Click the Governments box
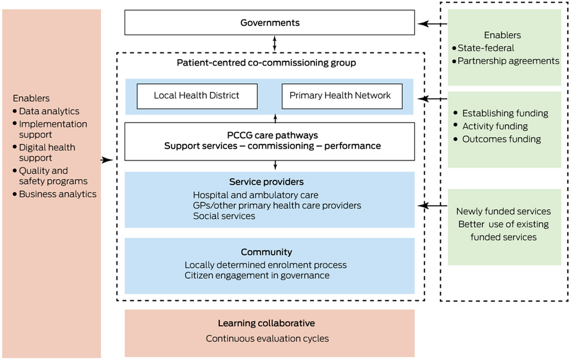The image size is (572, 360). [x=270, y=23]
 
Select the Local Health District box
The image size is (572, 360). [x=196, y=96]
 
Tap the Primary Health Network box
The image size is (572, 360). [x=340, y=96]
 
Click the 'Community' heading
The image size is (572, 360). [x=267, y=252]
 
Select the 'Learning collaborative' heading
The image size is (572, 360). [x=267, y=323]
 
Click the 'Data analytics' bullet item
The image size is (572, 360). [x=49, y=111]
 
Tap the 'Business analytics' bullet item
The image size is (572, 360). [x=58, y=194]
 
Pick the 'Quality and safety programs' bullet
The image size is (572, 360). [x=53, y=176]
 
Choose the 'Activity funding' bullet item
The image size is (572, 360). [x=495, y=126]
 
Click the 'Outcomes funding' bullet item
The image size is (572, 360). [x=501, y=139]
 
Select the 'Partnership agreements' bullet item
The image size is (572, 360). [x=508, y=61]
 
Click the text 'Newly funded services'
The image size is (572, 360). [x=503, y=211]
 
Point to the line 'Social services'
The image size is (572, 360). [x=224, y=216]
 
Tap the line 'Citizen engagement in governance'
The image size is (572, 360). [x=257, y=276]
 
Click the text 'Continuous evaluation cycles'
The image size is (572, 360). [x=267, y=339]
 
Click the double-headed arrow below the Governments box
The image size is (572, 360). [x=275, y=43]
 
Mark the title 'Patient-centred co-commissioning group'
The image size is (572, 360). [x=266, y=63]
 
